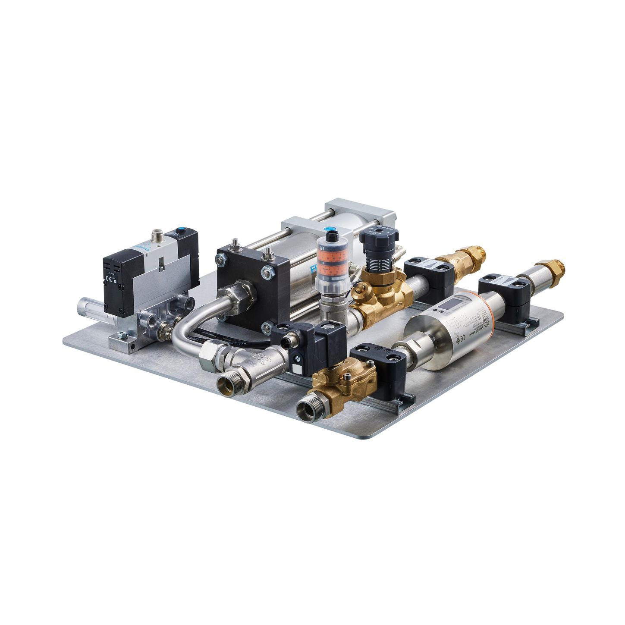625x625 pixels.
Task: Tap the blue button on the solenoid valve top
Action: (180, 232)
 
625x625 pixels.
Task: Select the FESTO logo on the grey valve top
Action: (141, 249)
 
